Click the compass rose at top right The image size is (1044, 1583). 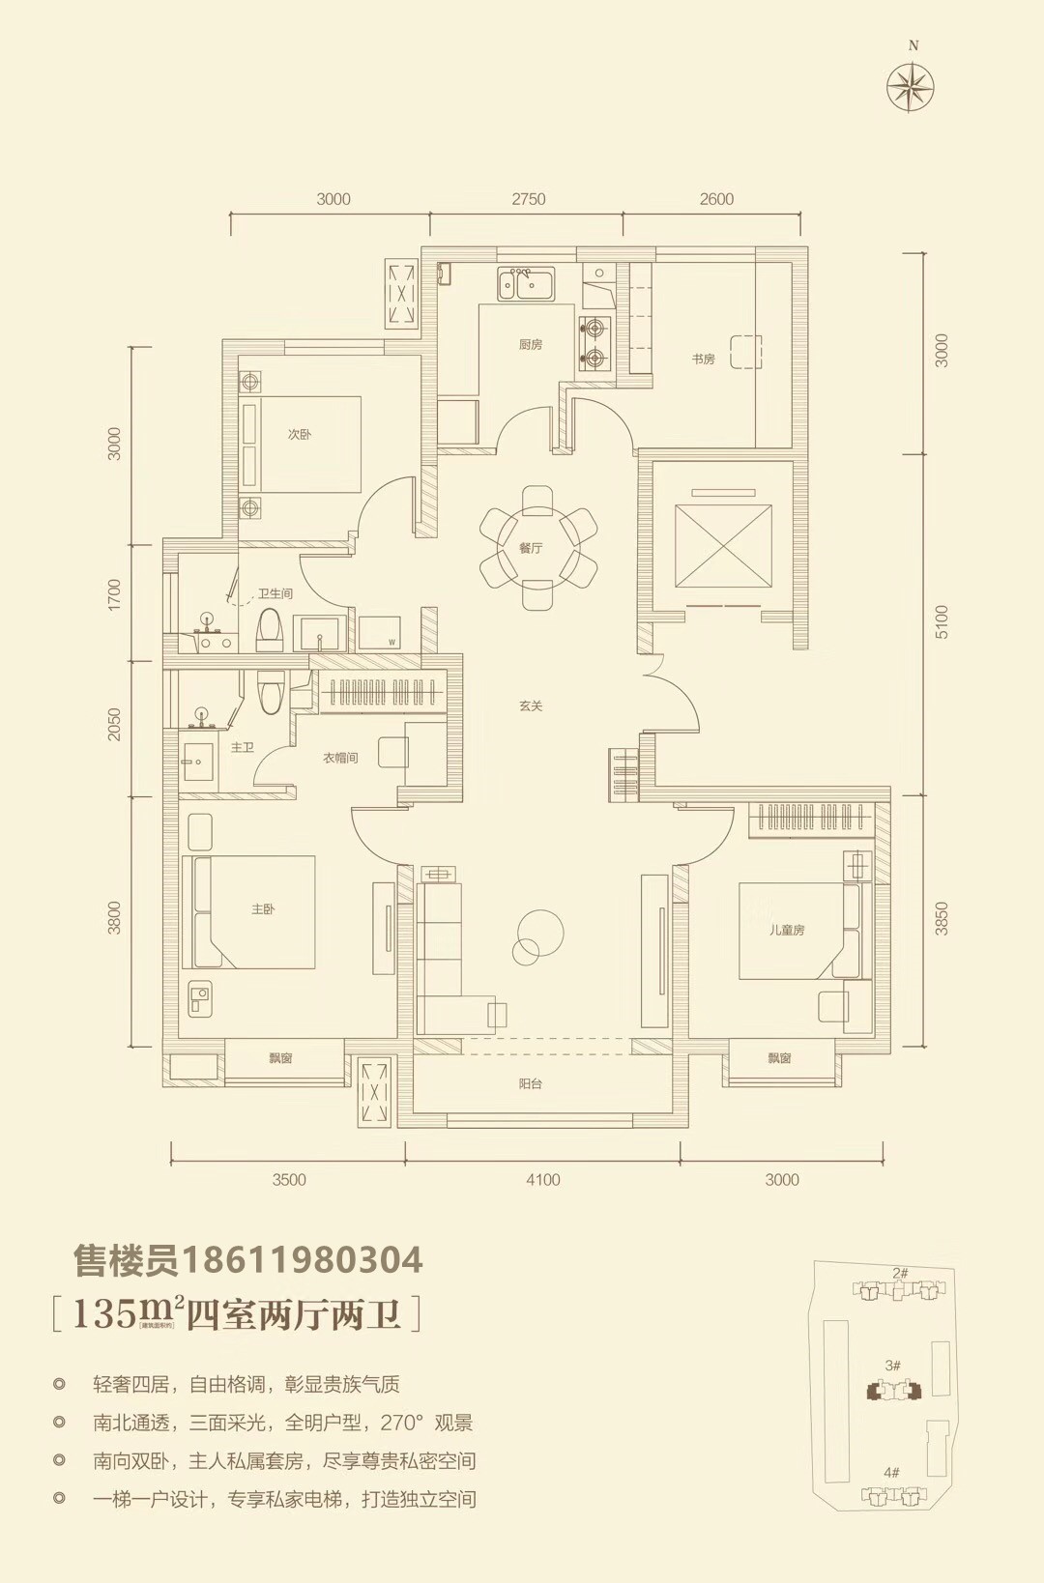pyautogui.click(x=911, y=87)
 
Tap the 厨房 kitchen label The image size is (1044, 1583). pyautogui.click(x=531, y=344)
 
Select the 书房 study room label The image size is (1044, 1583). pyautogui.click(x=703, y=359)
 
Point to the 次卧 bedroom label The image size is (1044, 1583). pyautogui.click(x=300, y=434)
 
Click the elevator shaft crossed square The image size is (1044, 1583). pyautogui.click(x=723, y=545)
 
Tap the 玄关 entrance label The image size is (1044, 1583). pyautogui.click(x=531, y=705)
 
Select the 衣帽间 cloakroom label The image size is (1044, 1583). pyautogui.click(x=340, y=758)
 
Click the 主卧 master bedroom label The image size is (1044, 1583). pyautogui.click(x=263, y=908)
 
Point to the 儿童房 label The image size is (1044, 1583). pyautogui.click(x=787, y=930)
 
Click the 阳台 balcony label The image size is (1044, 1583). pyautogui.click(x=530, y=1083)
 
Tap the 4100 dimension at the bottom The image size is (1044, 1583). pyautogui.click(x=542, y=1179)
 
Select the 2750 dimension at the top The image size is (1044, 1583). pyautogui.click(x=528, y=199)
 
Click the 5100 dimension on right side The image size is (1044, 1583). pyautogui.click(x=942, y=620)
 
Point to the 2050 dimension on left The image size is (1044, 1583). pyautogui.click(x=115, y=725)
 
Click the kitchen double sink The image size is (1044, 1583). pyautogui.click(x=526, y=284)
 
